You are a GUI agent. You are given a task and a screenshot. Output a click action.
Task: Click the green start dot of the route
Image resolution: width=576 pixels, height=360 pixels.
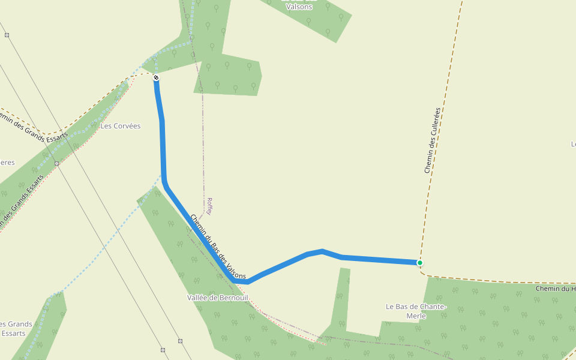(x=420, y=263)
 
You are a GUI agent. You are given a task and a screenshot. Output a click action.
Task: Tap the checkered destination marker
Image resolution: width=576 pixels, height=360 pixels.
(x=156, y=78)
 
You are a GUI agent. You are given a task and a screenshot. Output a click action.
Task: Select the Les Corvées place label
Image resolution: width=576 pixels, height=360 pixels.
(x=120, y=126)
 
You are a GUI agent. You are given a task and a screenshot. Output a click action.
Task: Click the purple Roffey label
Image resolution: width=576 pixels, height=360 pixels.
(x=209, y=206)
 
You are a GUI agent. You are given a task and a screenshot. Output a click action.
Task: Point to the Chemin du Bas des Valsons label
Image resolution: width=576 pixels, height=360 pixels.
(x=218, y=247)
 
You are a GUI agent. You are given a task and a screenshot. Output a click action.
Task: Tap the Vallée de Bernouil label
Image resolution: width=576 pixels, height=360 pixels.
(x=218, y=298)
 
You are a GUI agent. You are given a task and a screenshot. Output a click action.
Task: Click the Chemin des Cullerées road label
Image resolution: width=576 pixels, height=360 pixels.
(x=432, y=141)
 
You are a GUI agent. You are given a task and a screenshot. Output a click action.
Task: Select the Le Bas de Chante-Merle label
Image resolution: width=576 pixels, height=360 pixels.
(x=416, y=311)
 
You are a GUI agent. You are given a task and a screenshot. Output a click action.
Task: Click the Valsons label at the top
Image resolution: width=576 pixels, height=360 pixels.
(x=299, y=6)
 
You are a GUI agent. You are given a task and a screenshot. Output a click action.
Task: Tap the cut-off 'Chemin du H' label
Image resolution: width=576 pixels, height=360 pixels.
(x=556, y=289)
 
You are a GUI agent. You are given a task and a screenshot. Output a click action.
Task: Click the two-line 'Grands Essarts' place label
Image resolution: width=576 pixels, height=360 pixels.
(x=15, y=328)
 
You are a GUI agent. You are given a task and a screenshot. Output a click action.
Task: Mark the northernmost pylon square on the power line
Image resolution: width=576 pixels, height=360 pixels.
(x=7, y=35)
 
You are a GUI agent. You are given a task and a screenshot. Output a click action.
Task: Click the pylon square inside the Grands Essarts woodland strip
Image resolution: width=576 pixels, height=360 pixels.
(x=56, y=163)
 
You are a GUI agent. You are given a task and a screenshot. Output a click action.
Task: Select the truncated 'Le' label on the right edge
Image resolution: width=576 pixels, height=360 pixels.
(x=573, y=144)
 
